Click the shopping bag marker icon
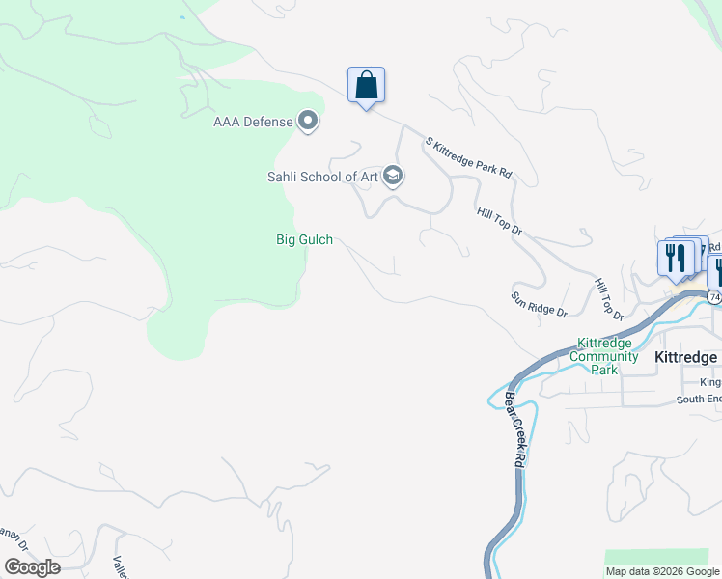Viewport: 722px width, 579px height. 366,85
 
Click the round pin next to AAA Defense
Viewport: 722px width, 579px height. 309,121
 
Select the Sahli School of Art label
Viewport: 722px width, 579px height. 322,177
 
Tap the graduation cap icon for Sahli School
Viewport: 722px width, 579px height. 392,176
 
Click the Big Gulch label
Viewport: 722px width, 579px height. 304,239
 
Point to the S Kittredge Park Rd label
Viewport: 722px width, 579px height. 468,156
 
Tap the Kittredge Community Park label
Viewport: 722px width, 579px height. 607,356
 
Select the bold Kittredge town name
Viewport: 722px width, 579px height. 685,357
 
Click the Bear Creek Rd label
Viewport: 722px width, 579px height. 513,430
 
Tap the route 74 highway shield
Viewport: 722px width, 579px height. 713,297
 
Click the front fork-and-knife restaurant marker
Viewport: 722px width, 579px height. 675,258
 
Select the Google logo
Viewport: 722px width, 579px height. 32,567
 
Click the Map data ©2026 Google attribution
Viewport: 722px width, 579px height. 662,571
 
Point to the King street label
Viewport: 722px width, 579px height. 710,382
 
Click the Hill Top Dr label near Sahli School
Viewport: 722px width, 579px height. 498,222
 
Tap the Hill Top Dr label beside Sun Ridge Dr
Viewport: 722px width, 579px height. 609,299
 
